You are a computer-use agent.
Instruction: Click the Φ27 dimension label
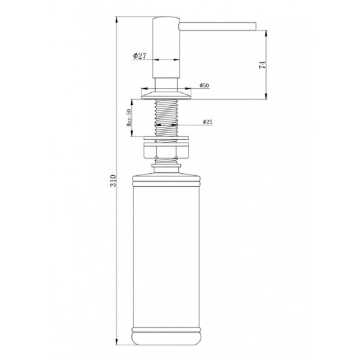pos(139,56)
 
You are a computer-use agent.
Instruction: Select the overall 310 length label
pos(113,180)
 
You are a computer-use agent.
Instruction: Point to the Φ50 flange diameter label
pos(204,85)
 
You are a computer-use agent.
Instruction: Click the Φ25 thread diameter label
pos(207,122)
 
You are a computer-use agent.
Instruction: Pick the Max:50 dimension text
pos(129,117)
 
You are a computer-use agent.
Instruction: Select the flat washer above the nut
pos(166,138)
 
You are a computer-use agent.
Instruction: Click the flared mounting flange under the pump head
pos(166,95)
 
